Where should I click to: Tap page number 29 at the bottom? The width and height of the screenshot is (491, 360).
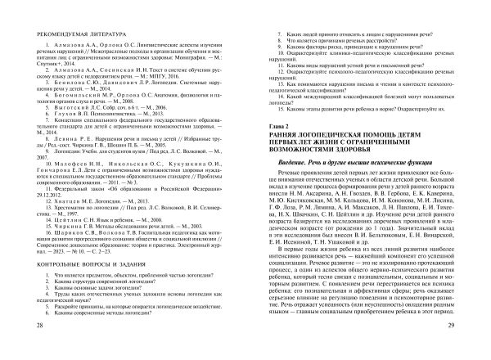click(x=464, y=349)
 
